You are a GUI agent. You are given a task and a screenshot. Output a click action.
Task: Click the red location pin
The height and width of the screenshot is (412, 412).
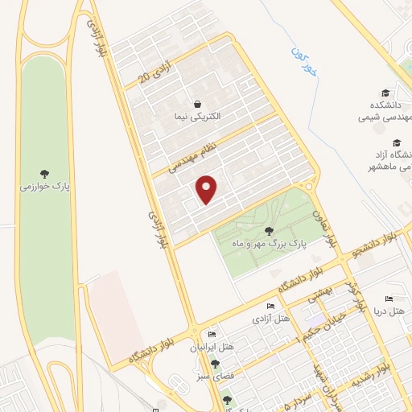[x=207, y=189]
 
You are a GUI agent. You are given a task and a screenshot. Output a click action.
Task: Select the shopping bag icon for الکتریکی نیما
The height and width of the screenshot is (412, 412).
[x=197, y=104]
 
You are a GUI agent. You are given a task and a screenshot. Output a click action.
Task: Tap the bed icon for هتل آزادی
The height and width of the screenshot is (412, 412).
[x=270, y=307]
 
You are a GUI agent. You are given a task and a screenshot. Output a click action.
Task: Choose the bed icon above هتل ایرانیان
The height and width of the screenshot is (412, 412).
[x=212, y=335]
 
